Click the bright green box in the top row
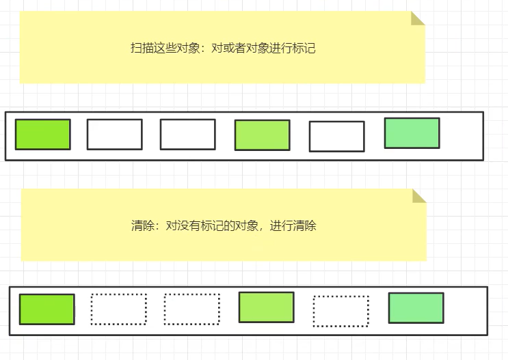click(42, 134)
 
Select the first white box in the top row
click(114, 134)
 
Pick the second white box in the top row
click(187, 134)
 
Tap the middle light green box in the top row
click(262, 135)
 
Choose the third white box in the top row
click(336, 137)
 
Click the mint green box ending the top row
click(412, 133)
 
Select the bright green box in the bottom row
click(46, 309)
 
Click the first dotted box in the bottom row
click(119, 309)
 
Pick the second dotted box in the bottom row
click(191, 309)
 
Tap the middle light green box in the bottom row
click(266, 307)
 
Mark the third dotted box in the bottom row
click(340, 311)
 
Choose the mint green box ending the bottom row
click(416, 307)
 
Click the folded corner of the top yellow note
click(417, 18)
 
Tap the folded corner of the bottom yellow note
click(418, 197)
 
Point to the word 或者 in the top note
click(229, 49)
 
